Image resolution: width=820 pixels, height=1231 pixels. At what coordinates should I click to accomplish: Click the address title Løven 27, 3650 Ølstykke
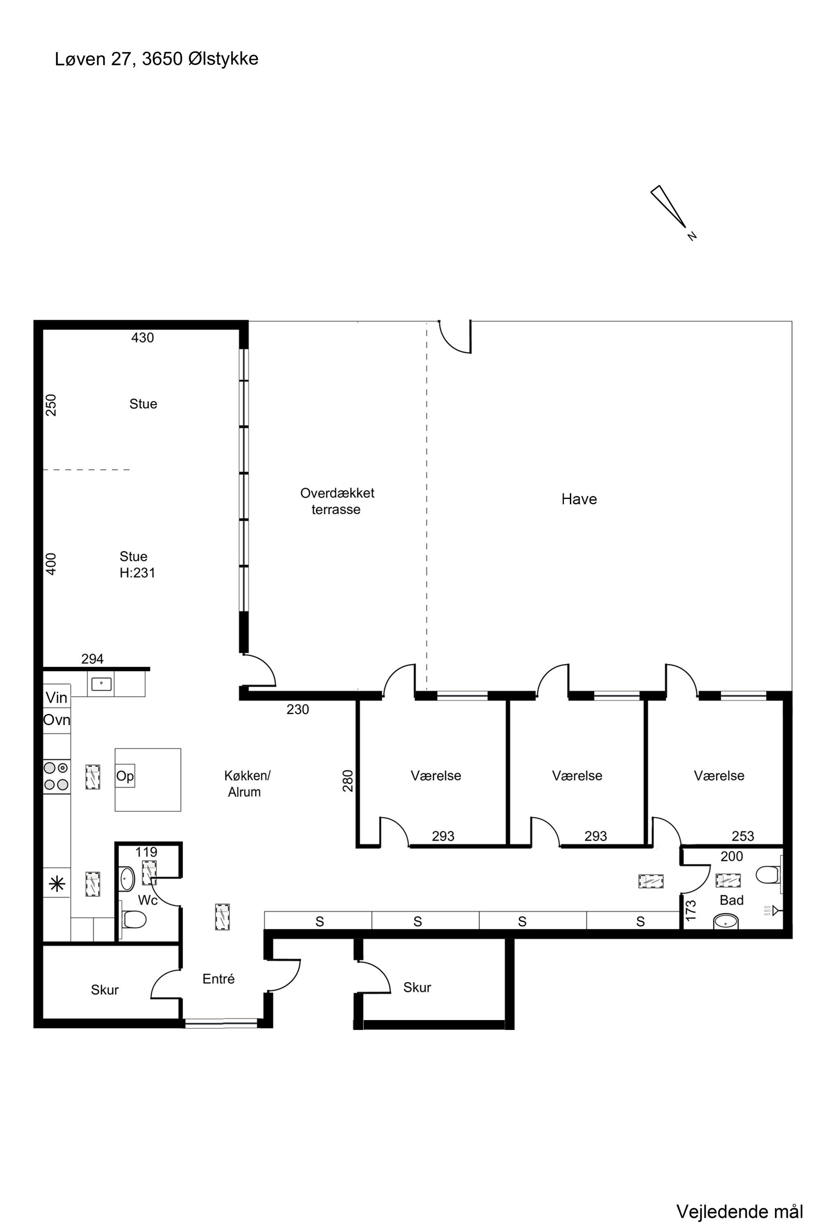click(156, 59)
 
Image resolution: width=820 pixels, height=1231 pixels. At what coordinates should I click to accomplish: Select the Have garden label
click(579, 499)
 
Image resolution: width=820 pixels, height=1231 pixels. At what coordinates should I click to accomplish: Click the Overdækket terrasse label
click(337, 501)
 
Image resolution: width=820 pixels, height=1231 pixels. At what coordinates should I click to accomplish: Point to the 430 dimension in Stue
click(142, 338)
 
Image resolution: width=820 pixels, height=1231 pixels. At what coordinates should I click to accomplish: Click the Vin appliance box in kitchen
click(57, 697)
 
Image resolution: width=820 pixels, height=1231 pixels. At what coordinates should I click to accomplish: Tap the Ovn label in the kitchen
click(57, 720)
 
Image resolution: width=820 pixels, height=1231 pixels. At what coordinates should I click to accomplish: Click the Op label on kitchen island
click(125, 776)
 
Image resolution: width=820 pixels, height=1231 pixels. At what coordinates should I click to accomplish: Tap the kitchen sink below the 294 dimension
click(101, 683)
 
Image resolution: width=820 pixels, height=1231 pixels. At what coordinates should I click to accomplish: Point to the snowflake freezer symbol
click(56, 884)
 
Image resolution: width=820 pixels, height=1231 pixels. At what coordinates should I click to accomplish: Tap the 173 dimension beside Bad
click(691, 911)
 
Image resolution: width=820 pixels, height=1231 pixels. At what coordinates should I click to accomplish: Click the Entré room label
click(219, 979)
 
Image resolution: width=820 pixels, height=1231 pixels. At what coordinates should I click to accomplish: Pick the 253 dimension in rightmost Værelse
click(743, 836)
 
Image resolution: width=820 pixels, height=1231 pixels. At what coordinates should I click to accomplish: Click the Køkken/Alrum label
click(246, 783)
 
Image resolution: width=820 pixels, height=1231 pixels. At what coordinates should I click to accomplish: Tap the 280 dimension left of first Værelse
click(348, 781)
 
